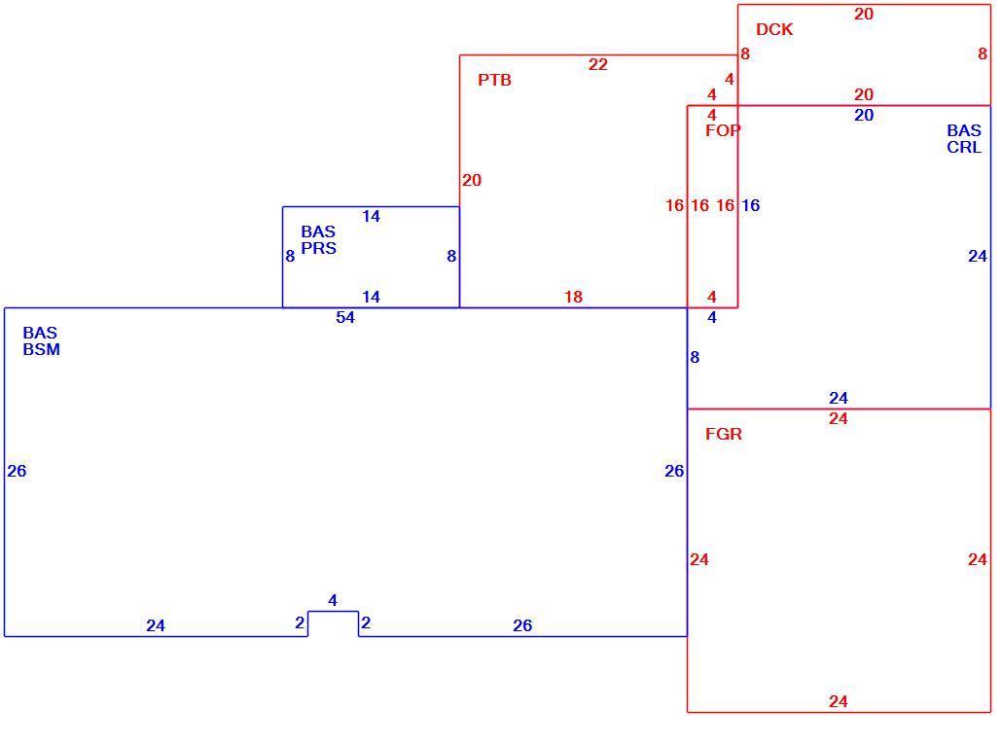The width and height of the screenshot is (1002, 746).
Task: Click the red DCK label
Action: click(x=773, y=29)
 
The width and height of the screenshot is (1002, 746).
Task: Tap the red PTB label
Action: click(x=494, y=80)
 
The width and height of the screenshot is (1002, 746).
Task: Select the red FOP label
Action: click(x=723, y=130)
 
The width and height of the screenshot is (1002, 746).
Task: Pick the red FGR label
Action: click(x=724, y=434)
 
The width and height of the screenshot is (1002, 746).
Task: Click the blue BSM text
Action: click(x=42, y=349)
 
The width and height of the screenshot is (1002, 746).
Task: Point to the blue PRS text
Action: click(x=318, y=248)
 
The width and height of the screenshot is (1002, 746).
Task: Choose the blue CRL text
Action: click(x=964, y=147)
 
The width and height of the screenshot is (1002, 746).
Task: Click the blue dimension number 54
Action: click(x=345, y=317)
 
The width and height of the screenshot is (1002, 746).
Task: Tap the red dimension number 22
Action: click(x=598, y=64)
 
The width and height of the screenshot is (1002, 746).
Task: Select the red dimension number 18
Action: click(x=573, y=297)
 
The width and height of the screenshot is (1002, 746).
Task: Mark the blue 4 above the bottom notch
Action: click(x=333, y=600)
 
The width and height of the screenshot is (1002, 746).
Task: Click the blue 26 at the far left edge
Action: click(x=17, y=471)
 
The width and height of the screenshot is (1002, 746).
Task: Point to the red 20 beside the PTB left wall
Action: click(x=472, y=180)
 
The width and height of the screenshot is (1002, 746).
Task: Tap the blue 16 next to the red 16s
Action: click(x=750, y=205)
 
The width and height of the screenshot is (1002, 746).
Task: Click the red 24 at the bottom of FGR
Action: click(x=839, y=701)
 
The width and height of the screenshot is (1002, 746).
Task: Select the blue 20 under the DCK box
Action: click(x=864, y=115)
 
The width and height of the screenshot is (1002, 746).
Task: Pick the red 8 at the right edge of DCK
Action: click(x=983, y=54)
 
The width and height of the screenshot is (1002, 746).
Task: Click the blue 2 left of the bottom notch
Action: click(x=300, y=622)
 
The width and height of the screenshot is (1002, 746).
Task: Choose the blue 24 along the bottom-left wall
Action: click(x=156, y=625)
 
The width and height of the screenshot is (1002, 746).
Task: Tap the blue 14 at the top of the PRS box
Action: click(x=371, y=216)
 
